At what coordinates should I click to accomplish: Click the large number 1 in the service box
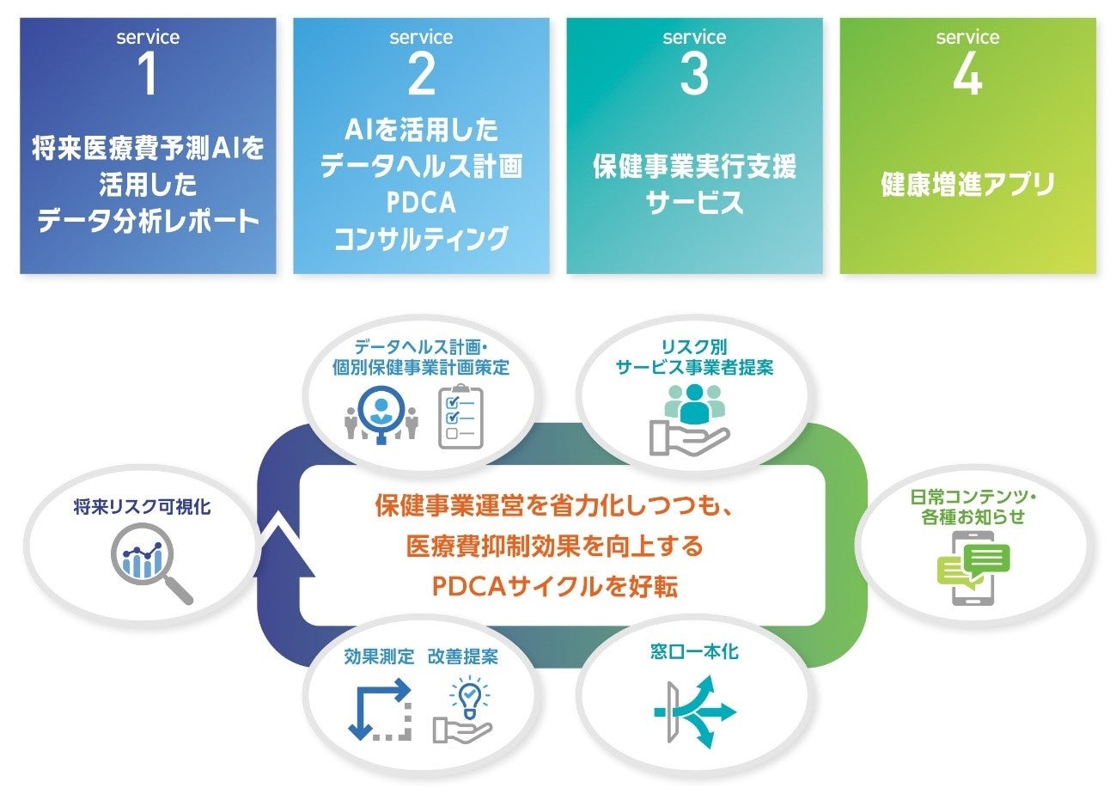pyautogui.click(x=147, y=75)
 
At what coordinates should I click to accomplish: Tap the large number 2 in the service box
pyautogui.click(x=421, y=75)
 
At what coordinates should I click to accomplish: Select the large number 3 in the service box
pyautogui.click(x=694, y=75)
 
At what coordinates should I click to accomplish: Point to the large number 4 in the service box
pyautogui.click(x=967, y=75)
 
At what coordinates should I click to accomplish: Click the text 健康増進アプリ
pyautogui.click(x=967, y=186)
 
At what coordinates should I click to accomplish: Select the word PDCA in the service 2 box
pyautogui.click(x=421, y=204)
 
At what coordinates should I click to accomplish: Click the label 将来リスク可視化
pyautogui.click(x=142, y=508)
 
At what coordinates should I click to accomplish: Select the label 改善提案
pyautogui.click(x=463, y=657)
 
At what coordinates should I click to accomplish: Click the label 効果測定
pyautogui.click(x=379, y=657)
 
